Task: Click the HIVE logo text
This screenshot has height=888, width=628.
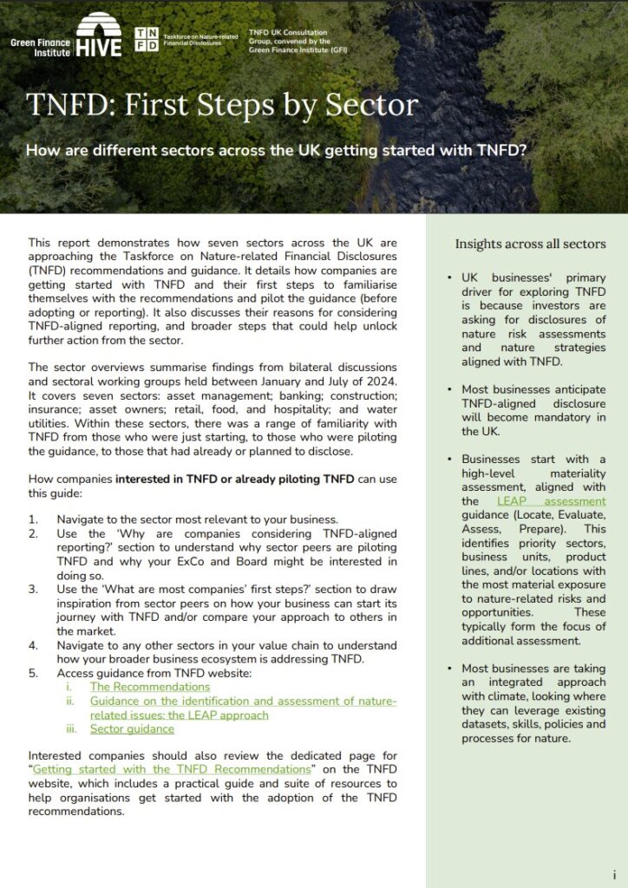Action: point(98,46)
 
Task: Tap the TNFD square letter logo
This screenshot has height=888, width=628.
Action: point(147,39)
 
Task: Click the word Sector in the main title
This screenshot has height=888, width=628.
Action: point(371,105)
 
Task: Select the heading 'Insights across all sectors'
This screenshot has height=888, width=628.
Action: point(531,244)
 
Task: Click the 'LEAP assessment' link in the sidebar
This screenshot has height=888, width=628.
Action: point(552,501)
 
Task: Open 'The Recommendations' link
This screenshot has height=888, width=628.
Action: point(150,687)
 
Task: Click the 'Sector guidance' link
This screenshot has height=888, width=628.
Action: point(132,729)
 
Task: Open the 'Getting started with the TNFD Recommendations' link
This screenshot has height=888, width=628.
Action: point(171,769)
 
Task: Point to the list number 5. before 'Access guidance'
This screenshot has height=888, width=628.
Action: point(34,672)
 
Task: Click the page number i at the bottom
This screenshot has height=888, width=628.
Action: point(614,875)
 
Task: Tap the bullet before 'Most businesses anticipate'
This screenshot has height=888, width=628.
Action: point(449,389)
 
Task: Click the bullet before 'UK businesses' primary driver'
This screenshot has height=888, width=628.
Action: point(449,277)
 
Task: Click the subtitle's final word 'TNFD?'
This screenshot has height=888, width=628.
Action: point(502,149)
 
